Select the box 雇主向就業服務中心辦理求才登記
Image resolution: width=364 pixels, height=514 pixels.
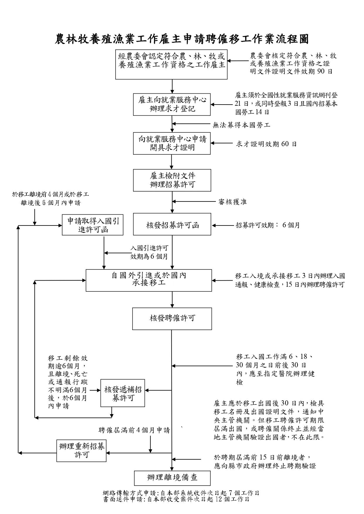[x=172, y=105]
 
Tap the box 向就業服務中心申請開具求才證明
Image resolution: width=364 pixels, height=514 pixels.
[x=172, y=143]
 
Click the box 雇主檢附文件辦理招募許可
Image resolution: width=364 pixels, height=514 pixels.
[x=172, y=180]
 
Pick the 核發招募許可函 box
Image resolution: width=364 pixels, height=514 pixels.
[x=172, y=224]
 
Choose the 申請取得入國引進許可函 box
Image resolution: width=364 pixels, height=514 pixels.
[x=92, y=225]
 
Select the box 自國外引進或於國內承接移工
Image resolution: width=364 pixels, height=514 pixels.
[x=149, y=280]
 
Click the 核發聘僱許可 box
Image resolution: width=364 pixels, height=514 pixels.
[x=172, y=319]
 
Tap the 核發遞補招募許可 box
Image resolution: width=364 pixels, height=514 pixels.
[x=123, y=393]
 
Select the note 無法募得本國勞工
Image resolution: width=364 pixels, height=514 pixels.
[x=241, y=125]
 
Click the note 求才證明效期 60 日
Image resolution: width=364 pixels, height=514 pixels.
[x=266, y=144]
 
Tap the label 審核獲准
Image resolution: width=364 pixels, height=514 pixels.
[x=233, y=202]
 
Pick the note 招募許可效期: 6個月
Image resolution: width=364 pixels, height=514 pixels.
[x=268, y=225]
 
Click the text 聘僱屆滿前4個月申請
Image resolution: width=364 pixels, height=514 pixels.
[x=134, y=430]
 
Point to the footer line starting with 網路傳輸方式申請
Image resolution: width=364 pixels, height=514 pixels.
[x=181, y=493]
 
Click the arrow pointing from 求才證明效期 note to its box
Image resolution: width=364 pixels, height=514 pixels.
[x=221, y=143]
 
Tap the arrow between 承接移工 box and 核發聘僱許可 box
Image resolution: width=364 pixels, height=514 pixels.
[x=172, y=299]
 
